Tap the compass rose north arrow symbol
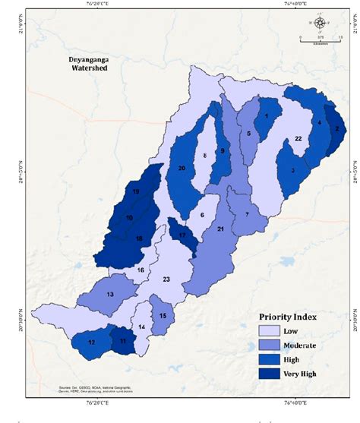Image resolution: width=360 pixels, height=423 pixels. coord(319,21)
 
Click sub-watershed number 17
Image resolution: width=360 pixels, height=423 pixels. coord(182,235)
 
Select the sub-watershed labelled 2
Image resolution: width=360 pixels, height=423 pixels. coord(335,128)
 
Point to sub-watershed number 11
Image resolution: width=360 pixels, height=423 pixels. coord(123,342)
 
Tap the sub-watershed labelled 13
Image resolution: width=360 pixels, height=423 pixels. coord(110,295)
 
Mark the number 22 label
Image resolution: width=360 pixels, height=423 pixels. coord(298,138)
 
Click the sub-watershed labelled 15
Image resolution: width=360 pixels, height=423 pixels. coord(163,315)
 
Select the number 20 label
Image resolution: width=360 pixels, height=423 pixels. coord(182,168)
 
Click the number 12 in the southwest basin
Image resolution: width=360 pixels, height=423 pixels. coord(91,343)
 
